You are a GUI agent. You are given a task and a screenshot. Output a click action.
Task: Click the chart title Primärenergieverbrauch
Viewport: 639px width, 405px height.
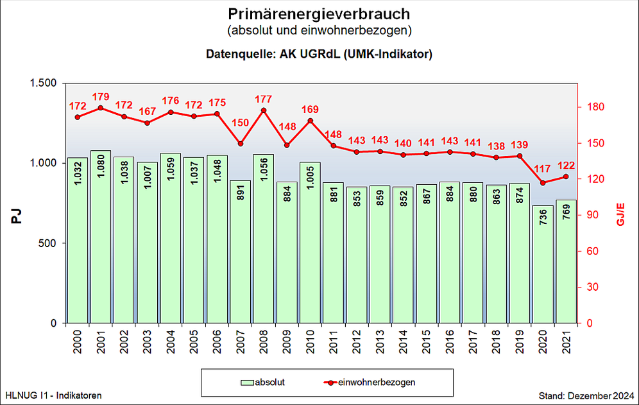point(319,13)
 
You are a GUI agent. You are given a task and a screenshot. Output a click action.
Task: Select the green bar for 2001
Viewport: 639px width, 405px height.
point(101,237)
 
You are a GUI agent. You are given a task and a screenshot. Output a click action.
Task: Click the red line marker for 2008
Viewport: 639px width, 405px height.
point(264,110)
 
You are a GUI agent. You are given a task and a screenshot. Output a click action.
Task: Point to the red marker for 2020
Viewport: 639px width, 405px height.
point(543,183)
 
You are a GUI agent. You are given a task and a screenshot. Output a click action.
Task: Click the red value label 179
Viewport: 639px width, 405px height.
point(101,97)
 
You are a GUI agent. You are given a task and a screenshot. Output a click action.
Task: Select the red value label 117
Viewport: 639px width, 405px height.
point(543,169)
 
